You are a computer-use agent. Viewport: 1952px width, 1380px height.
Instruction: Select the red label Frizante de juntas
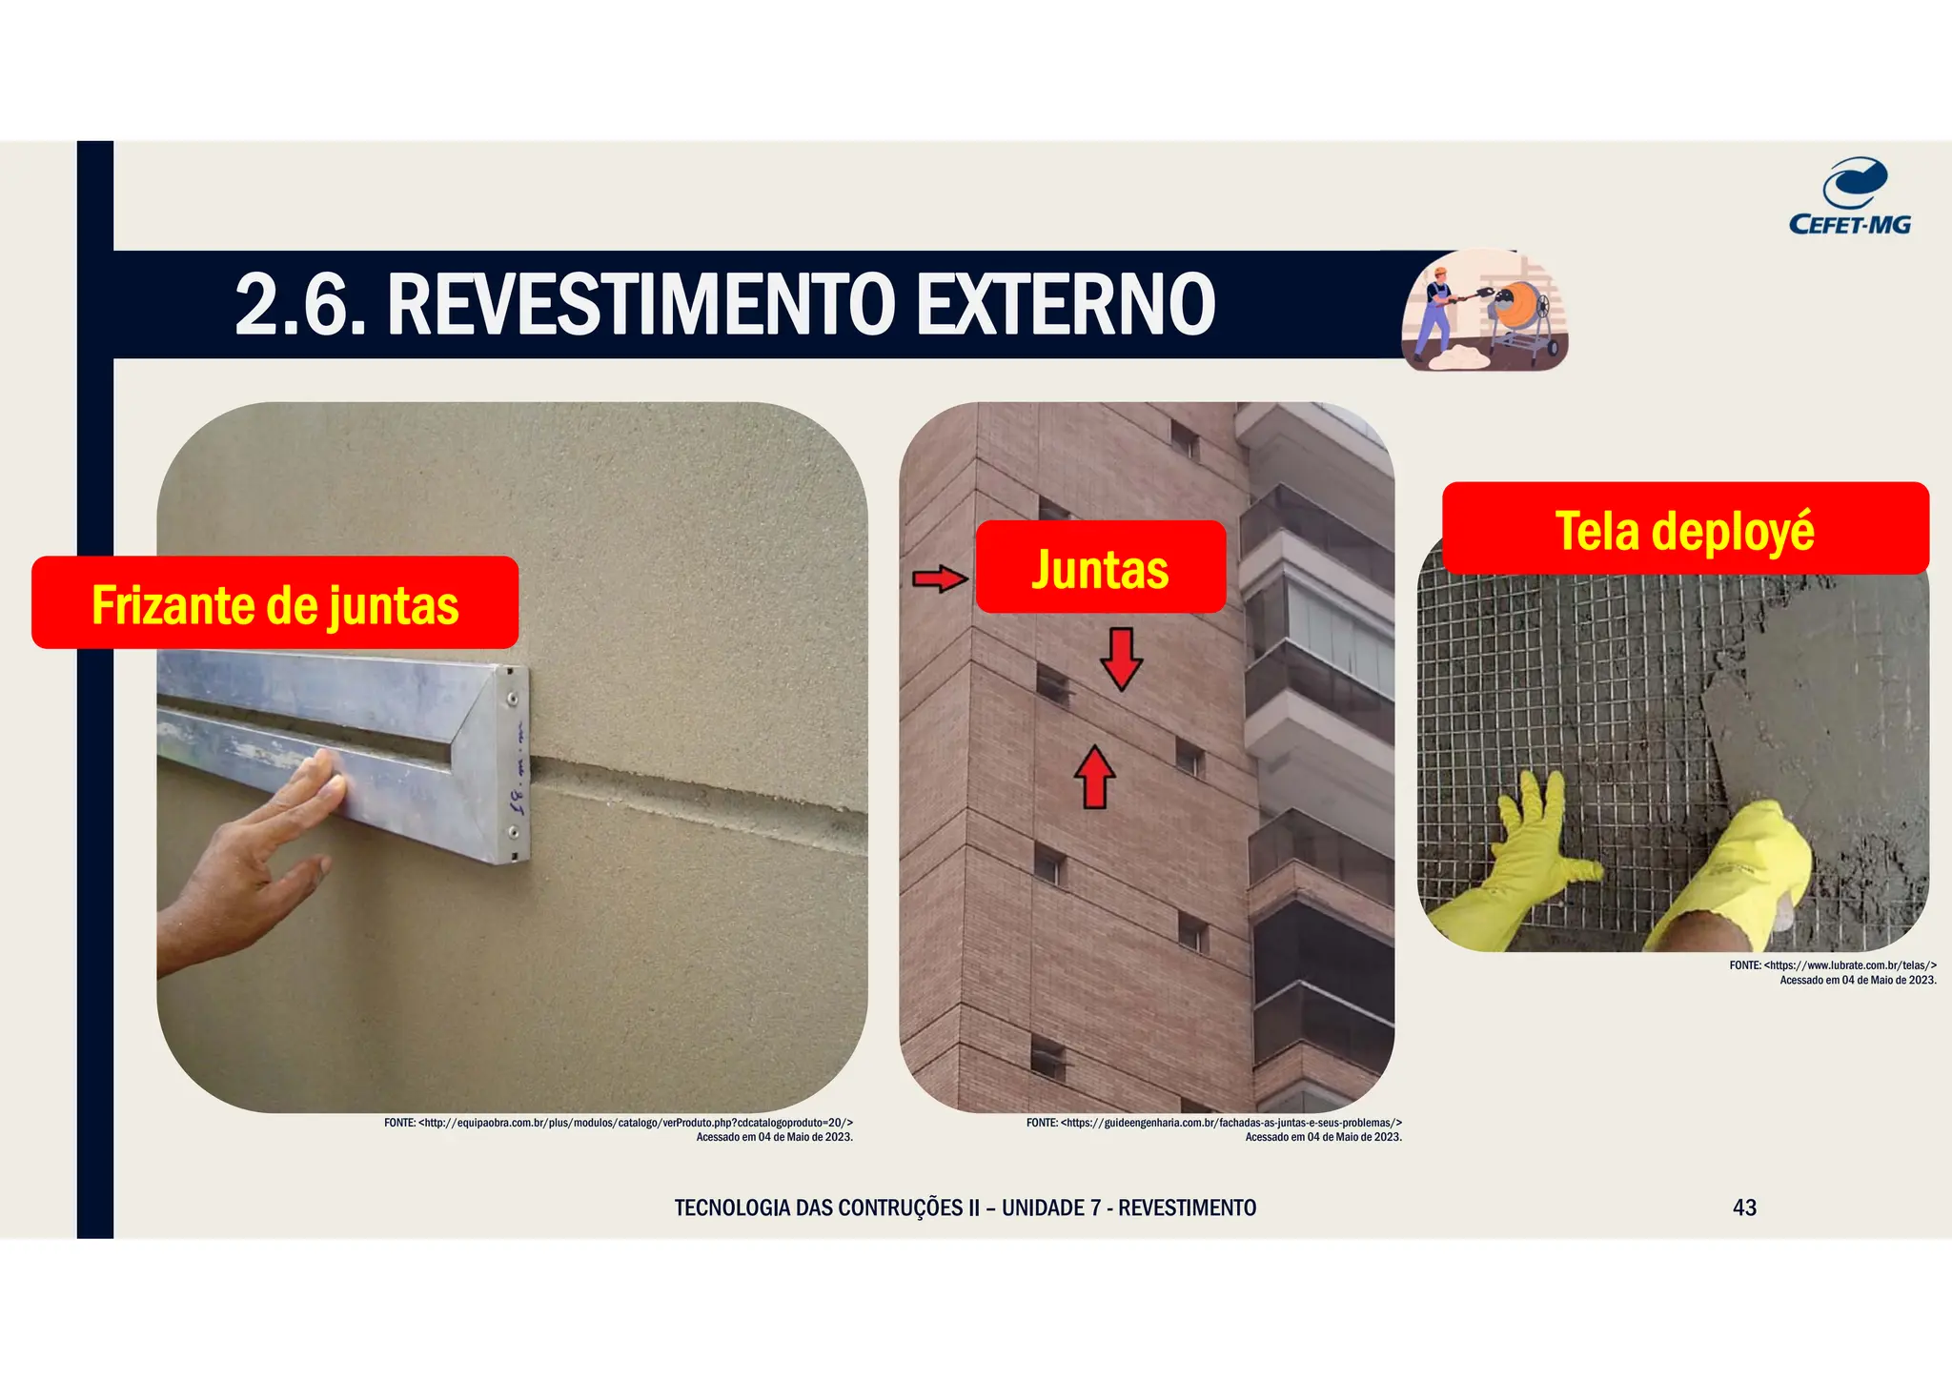click(x=274, y=603)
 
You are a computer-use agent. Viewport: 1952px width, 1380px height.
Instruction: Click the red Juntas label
click(x=1100, y=568)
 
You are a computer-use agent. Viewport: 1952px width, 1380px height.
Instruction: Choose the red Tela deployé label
click(x=1684, y=530)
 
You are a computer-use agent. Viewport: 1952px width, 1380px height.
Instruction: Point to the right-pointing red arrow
click(x=940, y=578)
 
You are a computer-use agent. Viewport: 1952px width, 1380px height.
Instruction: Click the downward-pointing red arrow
click(x=1122, y=659)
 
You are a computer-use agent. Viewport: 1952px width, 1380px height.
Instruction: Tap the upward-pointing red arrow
click(x=1095, y=777)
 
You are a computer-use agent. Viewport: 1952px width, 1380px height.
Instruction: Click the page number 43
click(x=1744, y=1207)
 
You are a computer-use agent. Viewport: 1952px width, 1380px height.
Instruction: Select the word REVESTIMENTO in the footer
click(x=1187, y=1208)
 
